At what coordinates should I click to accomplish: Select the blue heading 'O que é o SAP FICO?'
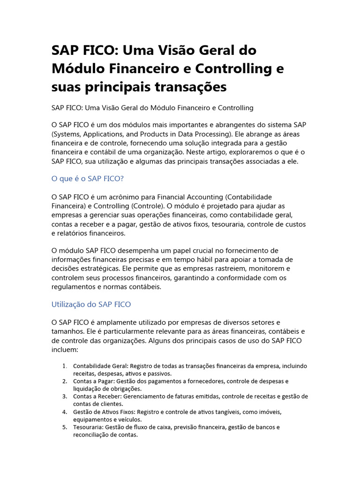[x=87, y=179]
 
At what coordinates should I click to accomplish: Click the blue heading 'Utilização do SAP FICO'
[x=91, y=304]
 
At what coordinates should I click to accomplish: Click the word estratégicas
[x=99, y=269]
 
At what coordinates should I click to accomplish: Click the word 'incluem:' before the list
[x=65, y=349]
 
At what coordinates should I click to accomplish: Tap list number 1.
[x=65, y=366]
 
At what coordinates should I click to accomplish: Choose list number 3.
[x=65, y=397]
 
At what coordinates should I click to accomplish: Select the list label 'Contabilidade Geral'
[x=100, y=366]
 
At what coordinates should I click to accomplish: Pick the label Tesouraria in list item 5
[x=88, y=427]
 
